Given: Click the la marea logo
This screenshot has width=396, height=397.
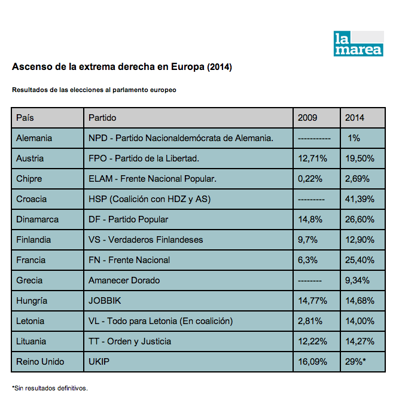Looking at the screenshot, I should [358, 44].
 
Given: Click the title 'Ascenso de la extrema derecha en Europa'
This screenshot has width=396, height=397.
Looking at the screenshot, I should [121, 67].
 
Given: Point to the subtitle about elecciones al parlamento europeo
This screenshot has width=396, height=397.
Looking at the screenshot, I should [94, 90].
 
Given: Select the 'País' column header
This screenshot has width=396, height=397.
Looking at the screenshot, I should [25, 118].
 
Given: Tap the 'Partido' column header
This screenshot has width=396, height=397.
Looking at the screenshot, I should [102, 118].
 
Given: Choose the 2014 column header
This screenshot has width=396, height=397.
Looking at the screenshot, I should [355, 118].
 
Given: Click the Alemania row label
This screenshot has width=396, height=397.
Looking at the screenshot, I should [34, 138].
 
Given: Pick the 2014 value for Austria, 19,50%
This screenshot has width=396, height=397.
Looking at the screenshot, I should [360, 158].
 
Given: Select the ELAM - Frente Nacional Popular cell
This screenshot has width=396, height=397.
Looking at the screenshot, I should [153, 179].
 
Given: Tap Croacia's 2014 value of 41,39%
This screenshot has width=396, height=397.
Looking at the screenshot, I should [360, 199].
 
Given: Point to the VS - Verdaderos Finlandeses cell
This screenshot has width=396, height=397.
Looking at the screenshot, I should [146, 240].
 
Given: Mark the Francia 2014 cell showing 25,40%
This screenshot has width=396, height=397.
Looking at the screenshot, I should [360, 260].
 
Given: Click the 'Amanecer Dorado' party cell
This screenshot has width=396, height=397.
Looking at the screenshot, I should [124, 280].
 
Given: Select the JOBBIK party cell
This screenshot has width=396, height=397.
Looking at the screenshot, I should [105, 301].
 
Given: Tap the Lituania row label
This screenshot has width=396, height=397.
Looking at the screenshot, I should [32, 341].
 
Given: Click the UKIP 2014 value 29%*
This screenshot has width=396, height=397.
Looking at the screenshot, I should [357, 362].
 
